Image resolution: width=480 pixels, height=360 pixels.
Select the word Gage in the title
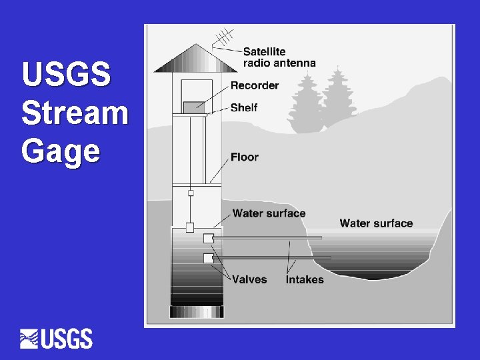tap(61, 151)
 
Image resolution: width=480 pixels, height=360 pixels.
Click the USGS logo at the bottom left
tap(57, 339)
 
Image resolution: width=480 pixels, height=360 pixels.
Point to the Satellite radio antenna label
tap(279, 57)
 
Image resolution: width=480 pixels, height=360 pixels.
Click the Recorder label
tap(254, 85)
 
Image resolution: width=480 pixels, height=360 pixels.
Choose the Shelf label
tap(243, 107)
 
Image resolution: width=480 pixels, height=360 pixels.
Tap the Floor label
tap(244, 157)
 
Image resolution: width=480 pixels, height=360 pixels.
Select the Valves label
tap(249, 279)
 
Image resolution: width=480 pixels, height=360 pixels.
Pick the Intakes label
tap(305, 279)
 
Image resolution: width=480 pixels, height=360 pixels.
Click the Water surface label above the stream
tap(376, 223)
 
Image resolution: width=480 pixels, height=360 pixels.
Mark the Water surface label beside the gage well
tap(269, 213)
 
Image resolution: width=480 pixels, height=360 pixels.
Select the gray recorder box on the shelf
tap(193, 107)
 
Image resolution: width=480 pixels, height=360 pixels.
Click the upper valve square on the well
tap(208, 238)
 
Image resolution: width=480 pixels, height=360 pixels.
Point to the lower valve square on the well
tap(208, 257)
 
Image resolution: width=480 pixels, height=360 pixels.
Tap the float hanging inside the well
tap(190, 227)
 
